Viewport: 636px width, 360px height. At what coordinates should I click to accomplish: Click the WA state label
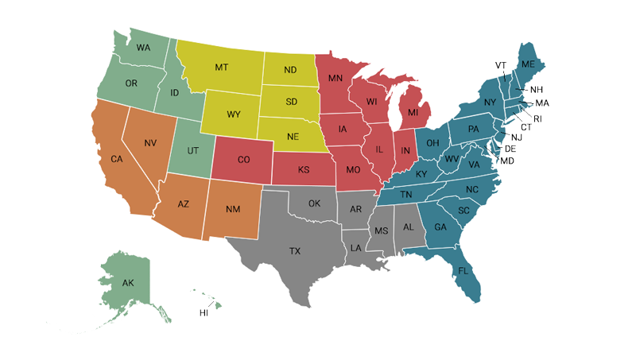(x=143, y=48)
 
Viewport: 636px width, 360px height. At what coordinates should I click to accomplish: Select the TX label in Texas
(x=295, y=251)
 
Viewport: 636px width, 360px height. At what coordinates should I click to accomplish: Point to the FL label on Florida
(x=463, y=271)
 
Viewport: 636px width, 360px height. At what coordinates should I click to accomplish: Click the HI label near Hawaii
(x=204, y=313)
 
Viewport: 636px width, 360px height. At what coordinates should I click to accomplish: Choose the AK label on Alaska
(x=128, y=283)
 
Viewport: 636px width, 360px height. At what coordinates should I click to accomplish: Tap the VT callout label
(x=501, y=65)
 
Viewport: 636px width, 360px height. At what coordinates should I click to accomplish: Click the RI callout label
(x=538, y=118)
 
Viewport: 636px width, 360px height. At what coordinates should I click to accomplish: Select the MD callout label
(x=507, y=161)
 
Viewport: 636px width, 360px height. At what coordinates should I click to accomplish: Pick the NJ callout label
(x=517, y=137)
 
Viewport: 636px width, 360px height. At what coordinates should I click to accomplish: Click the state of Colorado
(x=244, y=160)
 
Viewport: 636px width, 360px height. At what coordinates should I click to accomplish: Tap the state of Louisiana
(x=355, y=248)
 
